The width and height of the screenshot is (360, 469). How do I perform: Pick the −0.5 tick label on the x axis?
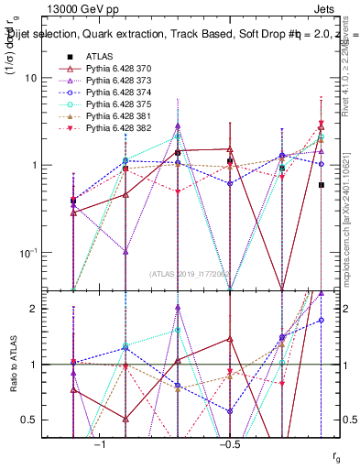tap(228, 442)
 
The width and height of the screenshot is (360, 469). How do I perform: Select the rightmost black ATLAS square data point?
tap(321, 185)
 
